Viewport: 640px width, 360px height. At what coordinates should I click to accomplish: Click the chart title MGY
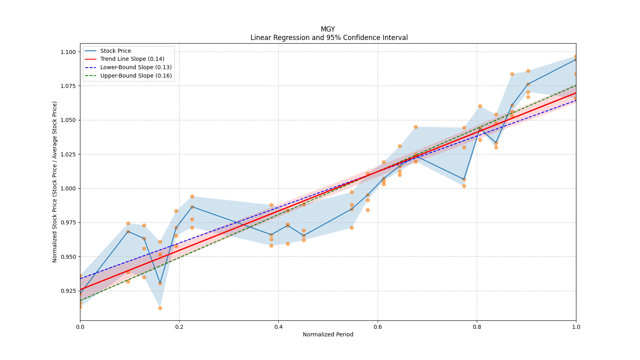coord(328,29)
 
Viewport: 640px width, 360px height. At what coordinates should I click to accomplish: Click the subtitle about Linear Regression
coord(329,38)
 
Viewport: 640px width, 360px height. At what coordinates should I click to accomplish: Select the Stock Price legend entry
coord(116,51)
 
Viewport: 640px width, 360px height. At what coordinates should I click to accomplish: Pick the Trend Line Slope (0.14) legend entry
coord(132,59)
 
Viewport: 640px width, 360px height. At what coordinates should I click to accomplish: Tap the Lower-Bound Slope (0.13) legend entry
coord(136,67)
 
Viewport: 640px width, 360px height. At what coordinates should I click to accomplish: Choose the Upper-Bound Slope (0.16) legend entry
coord(136,76)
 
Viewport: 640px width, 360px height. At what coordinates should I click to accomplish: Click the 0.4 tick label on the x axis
coord(278,327)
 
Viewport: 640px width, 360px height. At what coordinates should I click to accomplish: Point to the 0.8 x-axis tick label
coord(477,327)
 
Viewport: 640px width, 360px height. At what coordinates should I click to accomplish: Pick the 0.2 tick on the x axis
coord(179,327)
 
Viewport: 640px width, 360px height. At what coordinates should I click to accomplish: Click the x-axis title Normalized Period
coord(328,334)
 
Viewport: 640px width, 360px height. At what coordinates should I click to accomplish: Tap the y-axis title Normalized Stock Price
coord(55,182)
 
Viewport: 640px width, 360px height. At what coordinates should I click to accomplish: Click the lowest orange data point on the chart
coord(160,308)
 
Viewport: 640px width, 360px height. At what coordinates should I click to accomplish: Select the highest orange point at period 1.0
coord(576,56)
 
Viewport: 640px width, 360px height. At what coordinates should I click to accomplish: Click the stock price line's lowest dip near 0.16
coord(160,283)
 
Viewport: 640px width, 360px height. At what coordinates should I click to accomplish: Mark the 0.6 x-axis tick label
coord(378,327)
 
